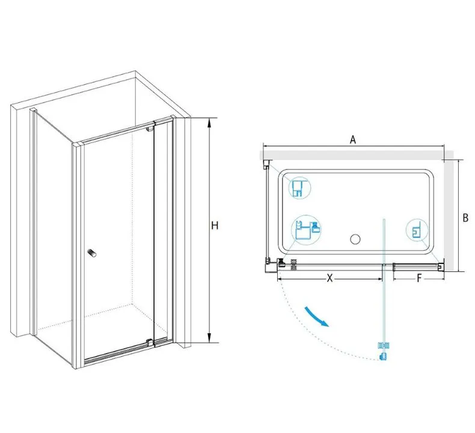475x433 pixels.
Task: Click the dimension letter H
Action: [215, 226]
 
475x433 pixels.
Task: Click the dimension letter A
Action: [353, 140]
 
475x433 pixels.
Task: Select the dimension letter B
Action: [465, 218]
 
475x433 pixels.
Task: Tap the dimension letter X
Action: [329, 278]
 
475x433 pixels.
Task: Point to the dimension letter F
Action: [419, 278]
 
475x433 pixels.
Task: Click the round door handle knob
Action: [92, 253]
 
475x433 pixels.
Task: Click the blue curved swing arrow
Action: [316, 317]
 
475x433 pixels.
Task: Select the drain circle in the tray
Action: [355, 239]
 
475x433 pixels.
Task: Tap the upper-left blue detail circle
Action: [300, 188]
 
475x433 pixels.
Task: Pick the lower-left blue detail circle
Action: [306, 228]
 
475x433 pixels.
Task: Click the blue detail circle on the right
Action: [417, 230]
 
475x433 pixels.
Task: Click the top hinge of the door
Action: [150, 129]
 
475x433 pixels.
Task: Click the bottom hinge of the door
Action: [149, 342]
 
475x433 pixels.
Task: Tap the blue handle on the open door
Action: [383, 351]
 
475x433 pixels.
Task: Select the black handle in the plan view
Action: [293, 265]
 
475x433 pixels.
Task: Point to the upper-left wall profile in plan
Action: [266, 164]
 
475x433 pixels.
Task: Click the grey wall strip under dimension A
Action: [356, 155]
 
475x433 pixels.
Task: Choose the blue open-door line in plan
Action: [384, 288]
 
